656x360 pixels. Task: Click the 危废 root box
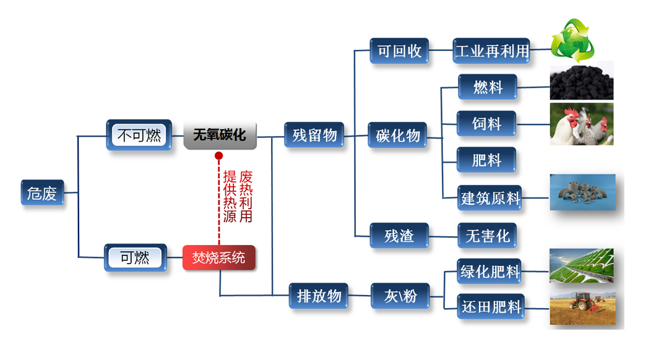pos(42,193)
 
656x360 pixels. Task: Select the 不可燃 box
pos(139,135)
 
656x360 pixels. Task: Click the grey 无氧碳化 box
pos(220,135)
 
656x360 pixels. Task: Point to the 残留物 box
pos(315,135)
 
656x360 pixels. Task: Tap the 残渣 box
pos(399,236)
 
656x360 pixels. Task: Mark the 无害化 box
pos(487,236)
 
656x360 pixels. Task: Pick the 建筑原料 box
pos(491,198)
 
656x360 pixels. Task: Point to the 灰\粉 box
pos(400,296)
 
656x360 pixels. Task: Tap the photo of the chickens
pos(581,124)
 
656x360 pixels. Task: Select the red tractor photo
pos(582,307)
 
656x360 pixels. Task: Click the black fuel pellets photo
pos(581,83)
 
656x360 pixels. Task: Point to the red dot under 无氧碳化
pos(219,155)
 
